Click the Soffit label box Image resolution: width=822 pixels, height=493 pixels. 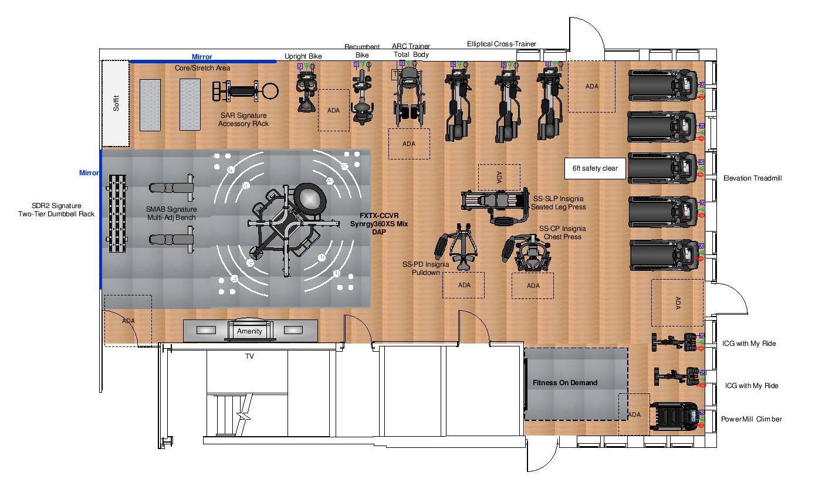click(116, 104)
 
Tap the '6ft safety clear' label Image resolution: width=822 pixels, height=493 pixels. click(595, 168)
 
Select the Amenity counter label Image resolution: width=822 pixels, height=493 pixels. click(249, 331)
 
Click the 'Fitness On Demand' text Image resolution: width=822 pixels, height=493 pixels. click(565, 383)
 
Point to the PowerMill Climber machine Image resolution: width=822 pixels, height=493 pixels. click(675, 418)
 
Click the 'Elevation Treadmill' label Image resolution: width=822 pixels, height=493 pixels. click(753, 178)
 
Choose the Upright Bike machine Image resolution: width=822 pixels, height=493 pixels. click(306, 91)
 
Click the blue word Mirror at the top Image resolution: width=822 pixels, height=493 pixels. click(202, 57)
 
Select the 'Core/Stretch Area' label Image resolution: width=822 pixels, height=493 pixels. click(202, 68)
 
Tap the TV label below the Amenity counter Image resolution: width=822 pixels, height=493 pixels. click(249, 356)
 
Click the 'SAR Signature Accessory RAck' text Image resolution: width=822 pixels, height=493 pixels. click(243, 120)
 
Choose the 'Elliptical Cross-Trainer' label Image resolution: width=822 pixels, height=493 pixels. click(502, 44)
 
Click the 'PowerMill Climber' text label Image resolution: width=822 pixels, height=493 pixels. click(752, 419)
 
